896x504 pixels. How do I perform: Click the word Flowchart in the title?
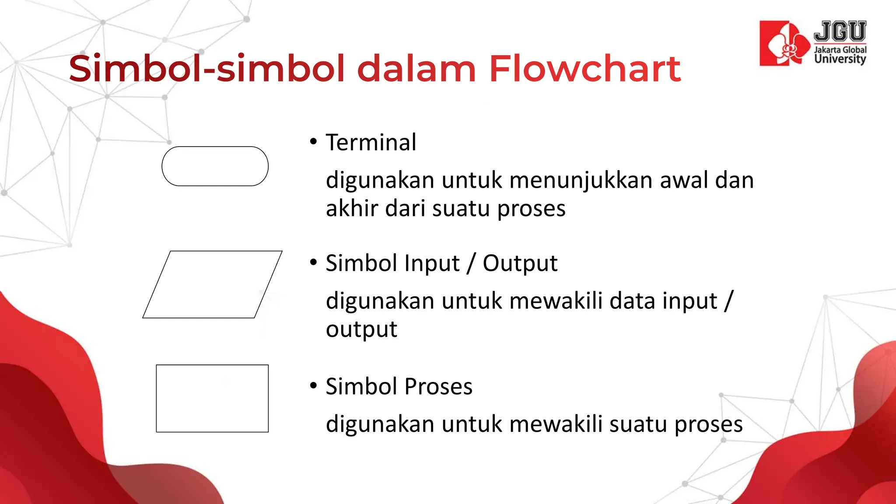[x=584, y=69]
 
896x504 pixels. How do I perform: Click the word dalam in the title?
[x=416, y=69]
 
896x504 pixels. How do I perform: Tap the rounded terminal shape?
[x=215, y=166]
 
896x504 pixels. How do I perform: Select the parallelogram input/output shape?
[x=212, y=284]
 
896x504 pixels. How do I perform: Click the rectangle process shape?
[x=212, y=399]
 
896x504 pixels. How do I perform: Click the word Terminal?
[x=371, y=143]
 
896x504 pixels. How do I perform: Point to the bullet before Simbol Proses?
[x=313, y=386]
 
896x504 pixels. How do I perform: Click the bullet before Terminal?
[x=313, y=142]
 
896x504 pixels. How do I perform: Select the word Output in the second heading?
[x=520, y=263]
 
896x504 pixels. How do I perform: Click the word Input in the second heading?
[x=432, y=263]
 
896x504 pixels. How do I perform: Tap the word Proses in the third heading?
[x=438, y=387]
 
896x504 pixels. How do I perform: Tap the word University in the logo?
[x=840, y=59]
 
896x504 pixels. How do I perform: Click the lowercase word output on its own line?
[x=361, y=329]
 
